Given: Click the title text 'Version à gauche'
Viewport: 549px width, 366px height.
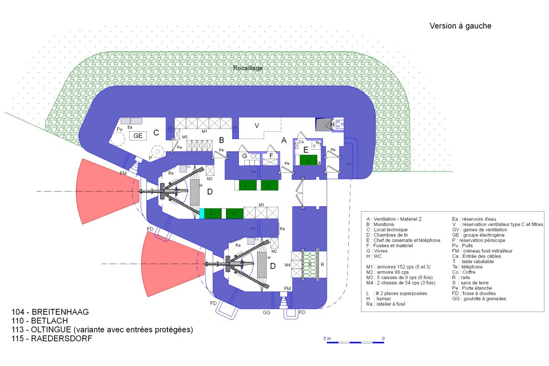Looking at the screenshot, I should click(460, 26).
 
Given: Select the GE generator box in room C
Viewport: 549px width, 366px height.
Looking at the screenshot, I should click(138, 135).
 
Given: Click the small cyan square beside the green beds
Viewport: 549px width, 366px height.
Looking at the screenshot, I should click(202, 213).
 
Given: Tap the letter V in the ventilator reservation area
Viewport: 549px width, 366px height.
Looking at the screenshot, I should click(257, 125).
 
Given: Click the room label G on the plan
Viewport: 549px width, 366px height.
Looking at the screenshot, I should click(244, 156).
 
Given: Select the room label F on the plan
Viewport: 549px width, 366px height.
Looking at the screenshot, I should click(271, 156).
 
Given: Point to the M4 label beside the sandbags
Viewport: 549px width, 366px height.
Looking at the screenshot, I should click(287, 265).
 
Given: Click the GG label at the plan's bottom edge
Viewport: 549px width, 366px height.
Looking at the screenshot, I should click(267, 314).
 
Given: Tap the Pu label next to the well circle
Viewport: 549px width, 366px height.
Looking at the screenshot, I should click(119, 129).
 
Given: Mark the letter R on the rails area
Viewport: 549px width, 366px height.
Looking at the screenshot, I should click(323, 264).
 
